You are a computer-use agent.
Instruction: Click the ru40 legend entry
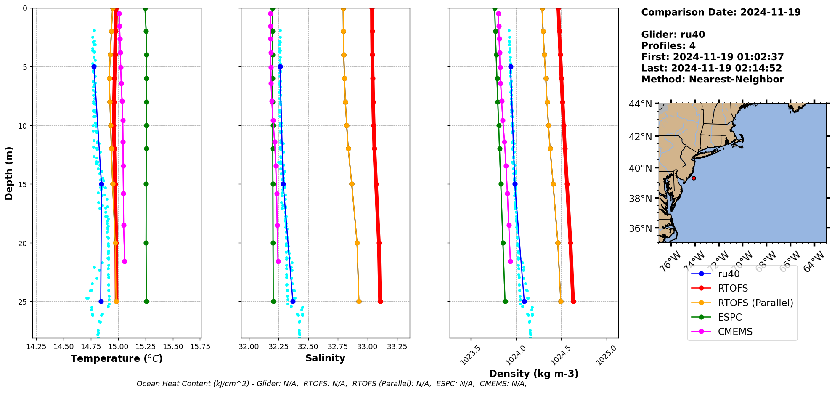(729, 274)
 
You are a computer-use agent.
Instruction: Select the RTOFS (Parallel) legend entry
(755, 303)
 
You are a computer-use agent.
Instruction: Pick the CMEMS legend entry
(735, 332)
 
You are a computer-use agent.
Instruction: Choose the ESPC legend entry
(730, 317)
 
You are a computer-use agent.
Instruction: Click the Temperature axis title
(117, 358)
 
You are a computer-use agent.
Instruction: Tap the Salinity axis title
(325, 358)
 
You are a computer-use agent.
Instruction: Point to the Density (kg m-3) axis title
(534, 374)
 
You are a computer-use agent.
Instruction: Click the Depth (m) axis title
(9, 173)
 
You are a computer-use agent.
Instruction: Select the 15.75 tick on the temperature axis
(200, 347)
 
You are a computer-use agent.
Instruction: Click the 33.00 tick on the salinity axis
(368, 347)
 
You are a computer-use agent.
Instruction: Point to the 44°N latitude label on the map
(640, 104)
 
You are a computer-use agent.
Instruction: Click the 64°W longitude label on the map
(813, 261)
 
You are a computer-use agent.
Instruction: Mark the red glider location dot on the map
(694, 178)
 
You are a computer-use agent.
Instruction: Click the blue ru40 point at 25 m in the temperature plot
(101, 301)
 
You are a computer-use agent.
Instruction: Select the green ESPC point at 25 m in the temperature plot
(146, 301)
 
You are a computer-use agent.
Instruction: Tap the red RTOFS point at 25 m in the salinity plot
(380, 301)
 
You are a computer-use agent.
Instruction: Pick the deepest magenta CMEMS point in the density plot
(510, 261)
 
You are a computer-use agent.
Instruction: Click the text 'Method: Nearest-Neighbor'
(712, 80)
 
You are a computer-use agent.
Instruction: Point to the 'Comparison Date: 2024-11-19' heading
(721, 12)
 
